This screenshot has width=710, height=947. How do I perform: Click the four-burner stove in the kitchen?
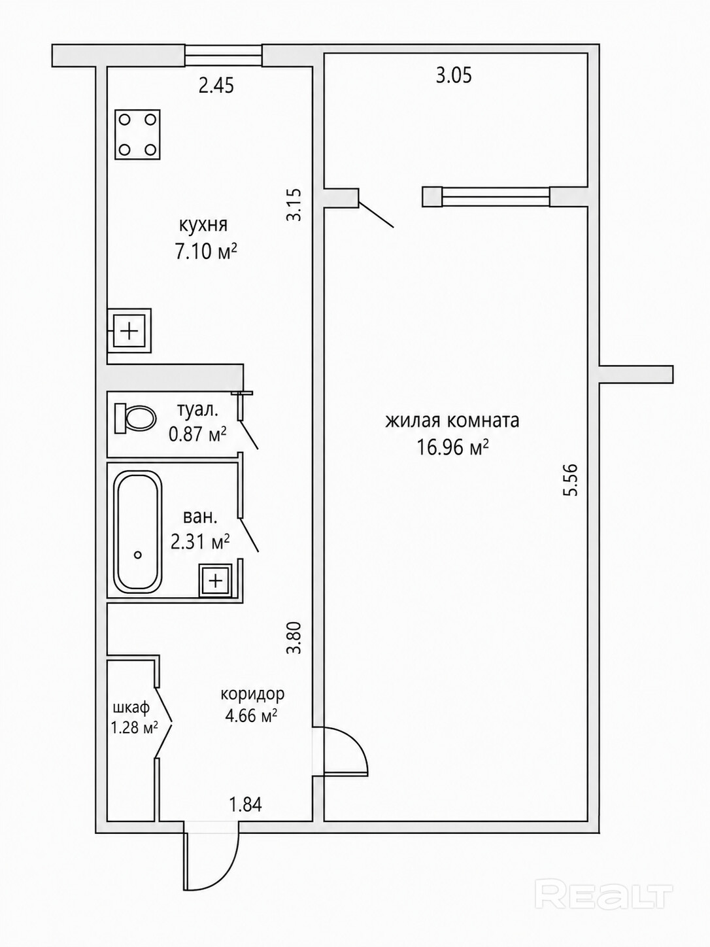[x=138, y=134]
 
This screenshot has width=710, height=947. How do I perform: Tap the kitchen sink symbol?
[x=129, y=330]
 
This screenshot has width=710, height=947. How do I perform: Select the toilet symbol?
[x=135, y=418]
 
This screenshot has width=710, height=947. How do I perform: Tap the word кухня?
[x=203, y=225]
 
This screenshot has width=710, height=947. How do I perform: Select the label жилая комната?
[x=452, y=421]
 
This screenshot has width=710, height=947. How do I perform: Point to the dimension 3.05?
[x=454, y=76]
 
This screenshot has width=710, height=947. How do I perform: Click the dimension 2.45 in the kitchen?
[x=216, y=86]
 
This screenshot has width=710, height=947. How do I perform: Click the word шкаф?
[x=131, y=708]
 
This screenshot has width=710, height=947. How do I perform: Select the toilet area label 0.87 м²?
[x=198, y=435]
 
